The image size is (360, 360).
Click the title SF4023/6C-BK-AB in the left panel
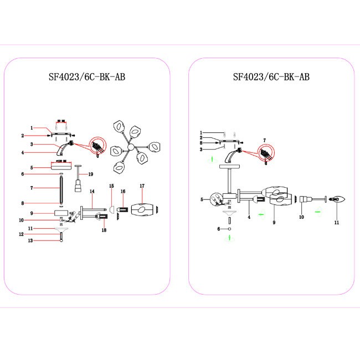click(x=88, y=78)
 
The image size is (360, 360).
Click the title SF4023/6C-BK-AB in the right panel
click(x=271, y=78)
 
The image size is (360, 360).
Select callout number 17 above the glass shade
click(x=142, y=186)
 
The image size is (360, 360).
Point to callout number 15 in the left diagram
click(x=111, y=186)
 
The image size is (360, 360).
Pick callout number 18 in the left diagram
click(x=104, y=230)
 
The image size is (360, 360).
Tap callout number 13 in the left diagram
click(x=32, y=240)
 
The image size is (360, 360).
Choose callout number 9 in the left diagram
click(x=32, y=213)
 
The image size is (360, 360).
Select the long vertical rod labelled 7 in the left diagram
click(x=61, y=189)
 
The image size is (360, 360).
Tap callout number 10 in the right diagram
click(x=302, y=217)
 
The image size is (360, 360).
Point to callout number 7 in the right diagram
click(x=265, y=141)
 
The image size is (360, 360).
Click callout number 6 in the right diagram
click(x=219, y=229)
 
